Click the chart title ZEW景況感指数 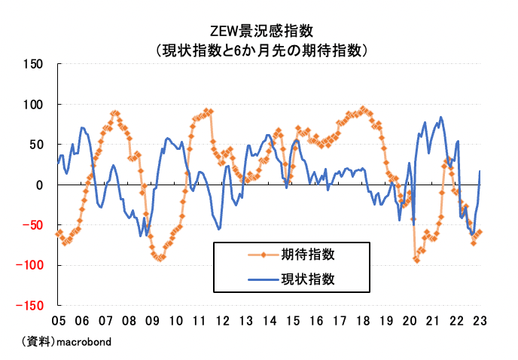[259, 32]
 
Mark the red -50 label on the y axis [34, 225]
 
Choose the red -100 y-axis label [31, 265]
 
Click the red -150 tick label [31, 306]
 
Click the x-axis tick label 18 [363, 319]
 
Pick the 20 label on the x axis [410, 319]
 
